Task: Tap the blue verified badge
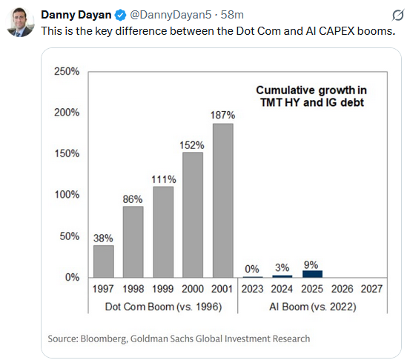coord(117,15)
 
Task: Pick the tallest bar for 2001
coord(222,200)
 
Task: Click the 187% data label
coord(222,116)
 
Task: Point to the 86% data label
coord(133,199)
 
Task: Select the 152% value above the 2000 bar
coord(193,145)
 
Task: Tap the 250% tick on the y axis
coord(67,72)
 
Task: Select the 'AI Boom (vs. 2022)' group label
coord(312,307)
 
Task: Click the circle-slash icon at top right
coord(397,15)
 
